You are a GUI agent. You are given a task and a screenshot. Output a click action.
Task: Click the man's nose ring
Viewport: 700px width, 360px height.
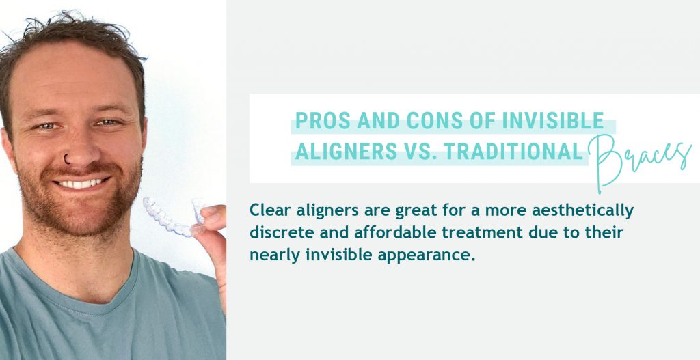click(66, 158)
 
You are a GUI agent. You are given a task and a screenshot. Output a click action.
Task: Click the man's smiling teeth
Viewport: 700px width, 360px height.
click(81, 183)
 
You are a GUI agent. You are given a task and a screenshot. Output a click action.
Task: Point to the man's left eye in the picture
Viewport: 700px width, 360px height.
click(107, 122)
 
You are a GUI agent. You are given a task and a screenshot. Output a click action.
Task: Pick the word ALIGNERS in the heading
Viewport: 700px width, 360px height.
click(346, 152)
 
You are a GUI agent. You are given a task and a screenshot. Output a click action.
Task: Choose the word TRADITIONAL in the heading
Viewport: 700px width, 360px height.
click(513, 152)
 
